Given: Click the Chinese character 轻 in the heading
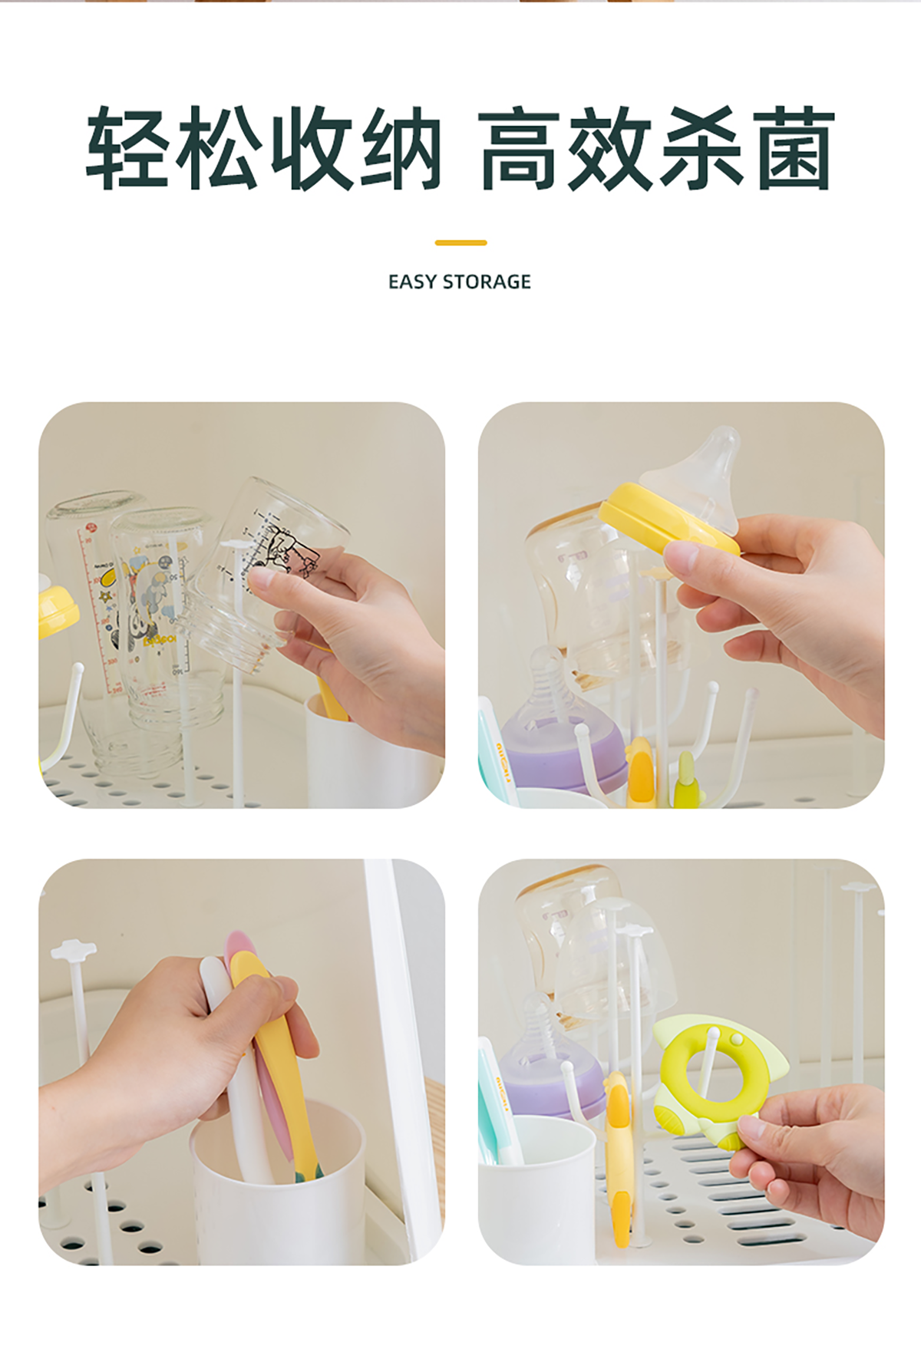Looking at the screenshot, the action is click(x=127, y=148).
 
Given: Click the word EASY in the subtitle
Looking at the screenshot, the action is click(x=412, y=282).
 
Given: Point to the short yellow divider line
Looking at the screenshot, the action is click(x=460, y=242).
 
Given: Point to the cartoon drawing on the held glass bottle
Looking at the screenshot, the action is click(x=288, y=549).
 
